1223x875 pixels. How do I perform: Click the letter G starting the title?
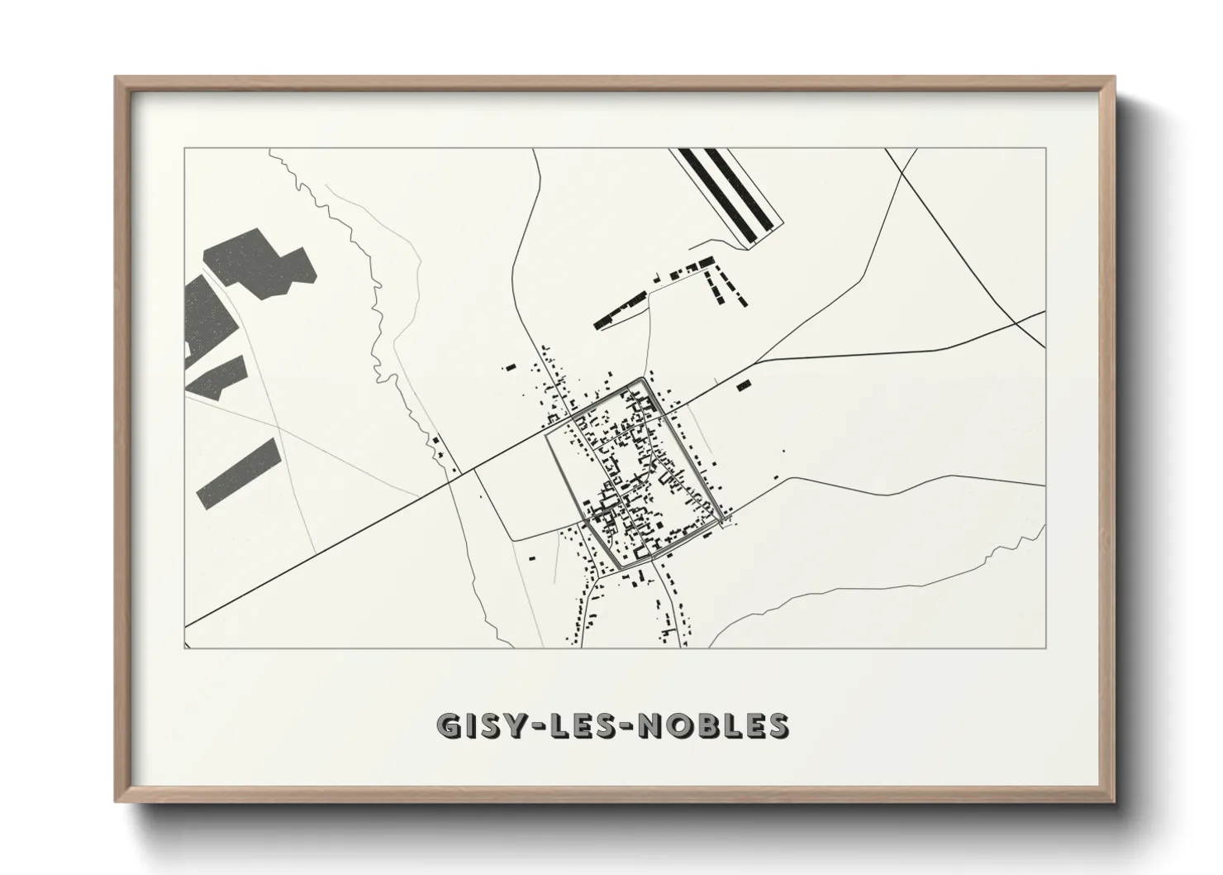(x=449, y=725)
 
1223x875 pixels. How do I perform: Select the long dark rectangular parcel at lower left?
(x=237, y=473)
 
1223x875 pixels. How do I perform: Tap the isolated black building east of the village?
(x=744, y=385)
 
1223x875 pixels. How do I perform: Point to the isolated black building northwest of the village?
(x=510, y=366)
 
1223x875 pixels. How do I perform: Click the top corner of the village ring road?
(x=642, y=380)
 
